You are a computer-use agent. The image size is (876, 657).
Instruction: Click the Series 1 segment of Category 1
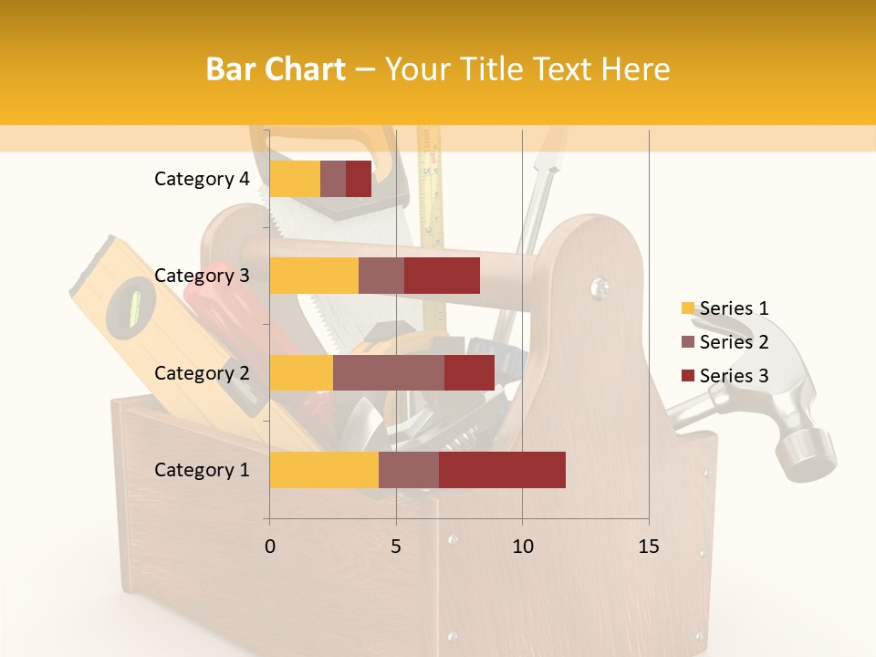(x=324, y=469)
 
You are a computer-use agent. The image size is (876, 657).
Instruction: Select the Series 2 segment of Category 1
(x=409, y=469)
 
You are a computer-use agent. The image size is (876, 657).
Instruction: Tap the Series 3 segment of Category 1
(x=502, y=469)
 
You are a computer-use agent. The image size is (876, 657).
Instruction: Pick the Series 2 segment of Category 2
(x=389, y=372)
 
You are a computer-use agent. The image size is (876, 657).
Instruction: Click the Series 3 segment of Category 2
(x=469, y=372)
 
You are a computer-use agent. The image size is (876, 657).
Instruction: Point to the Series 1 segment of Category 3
(x=314, y=276)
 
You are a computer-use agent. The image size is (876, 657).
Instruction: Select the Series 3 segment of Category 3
(x=442, y=276)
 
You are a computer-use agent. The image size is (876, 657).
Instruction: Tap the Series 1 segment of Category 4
(x=295, y=179)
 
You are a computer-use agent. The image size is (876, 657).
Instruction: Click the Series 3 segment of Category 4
(x=359, y=179)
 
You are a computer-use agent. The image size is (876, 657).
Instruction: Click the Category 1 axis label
(x=202, y=470)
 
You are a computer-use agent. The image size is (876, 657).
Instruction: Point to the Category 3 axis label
(x=202, y=276)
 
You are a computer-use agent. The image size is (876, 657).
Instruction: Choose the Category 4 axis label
(x=202, y=179)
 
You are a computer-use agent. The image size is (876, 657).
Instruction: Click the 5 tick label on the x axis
(x=396, y=547)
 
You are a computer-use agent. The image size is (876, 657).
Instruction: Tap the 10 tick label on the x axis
(x=522, y=547)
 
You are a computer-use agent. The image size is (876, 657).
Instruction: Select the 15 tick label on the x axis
(x=649, y=547)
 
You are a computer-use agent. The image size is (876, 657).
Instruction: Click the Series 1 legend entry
(x=725, y=308)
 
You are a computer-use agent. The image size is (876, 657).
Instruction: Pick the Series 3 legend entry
(x=725, y=376)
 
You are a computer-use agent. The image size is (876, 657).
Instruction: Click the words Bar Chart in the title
(x=276, y=68)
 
